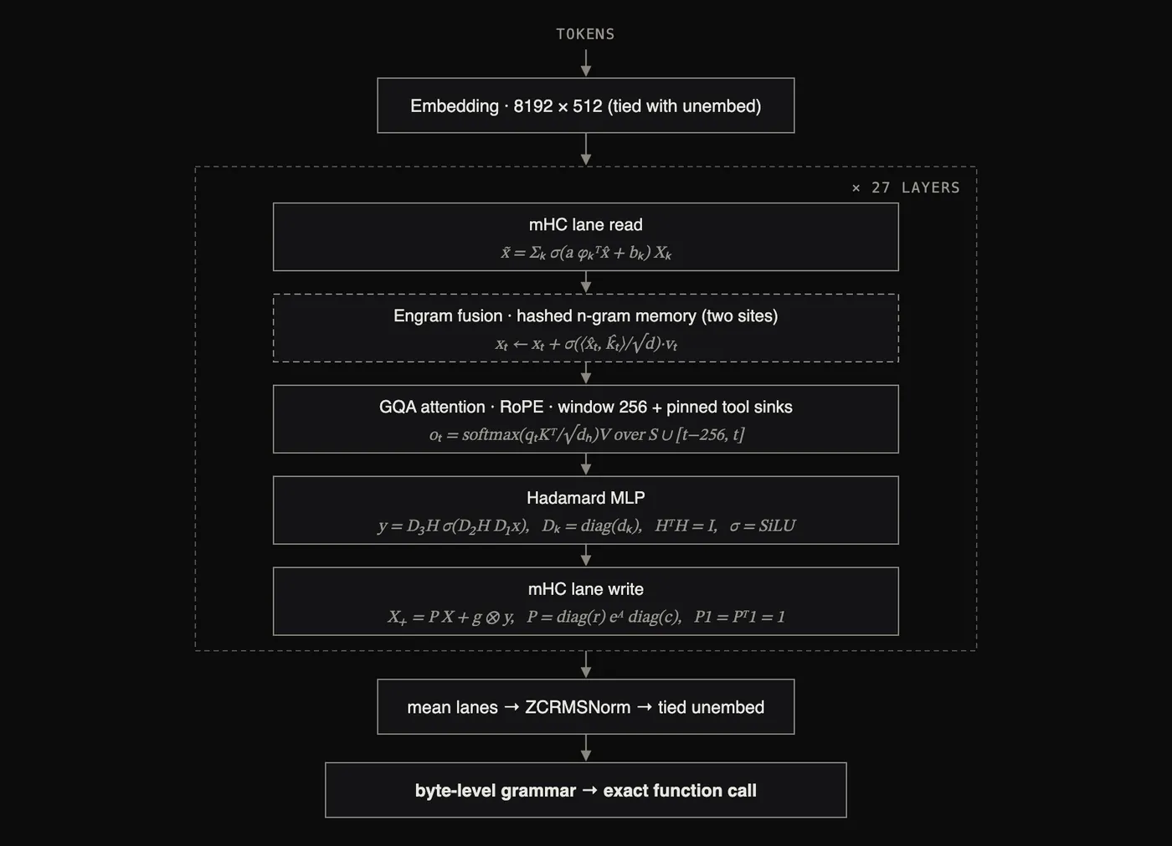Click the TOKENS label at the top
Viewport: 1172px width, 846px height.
point(585,34)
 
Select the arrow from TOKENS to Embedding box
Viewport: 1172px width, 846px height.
point(586,64)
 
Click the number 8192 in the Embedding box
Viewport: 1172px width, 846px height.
point(532,106)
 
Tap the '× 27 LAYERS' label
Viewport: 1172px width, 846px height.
point(906,187)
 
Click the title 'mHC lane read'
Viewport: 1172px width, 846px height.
point(585,225)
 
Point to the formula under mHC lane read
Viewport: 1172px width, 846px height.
point(585,253)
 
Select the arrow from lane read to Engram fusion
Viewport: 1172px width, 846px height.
point(586,282)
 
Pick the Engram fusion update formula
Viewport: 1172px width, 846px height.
point(587,344)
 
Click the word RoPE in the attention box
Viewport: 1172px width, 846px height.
point(521,407)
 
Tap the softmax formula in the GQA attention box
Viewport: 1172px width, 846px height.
point(587,435)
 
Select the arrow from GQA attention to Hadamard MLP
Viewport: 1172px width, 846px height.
point(586,464)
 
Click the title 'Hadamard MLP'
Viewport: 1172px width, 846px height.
point(585,498)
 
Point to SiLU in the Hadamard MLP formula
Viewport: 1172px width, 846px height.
point(777,526)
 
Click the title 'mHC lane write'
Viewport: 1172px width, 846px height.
point(585,589)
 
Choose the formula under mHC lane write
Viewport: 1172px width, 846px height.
point(586,617)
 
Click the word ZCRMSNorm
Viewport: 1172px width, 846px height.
point(578,707)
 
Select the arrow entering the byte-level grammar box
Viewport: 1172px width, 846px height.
point(586,748)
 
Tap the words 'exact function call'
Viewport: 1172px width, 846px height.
point(680,791)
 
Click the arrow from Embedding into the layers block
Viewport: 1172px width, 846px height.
point(586,150)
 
